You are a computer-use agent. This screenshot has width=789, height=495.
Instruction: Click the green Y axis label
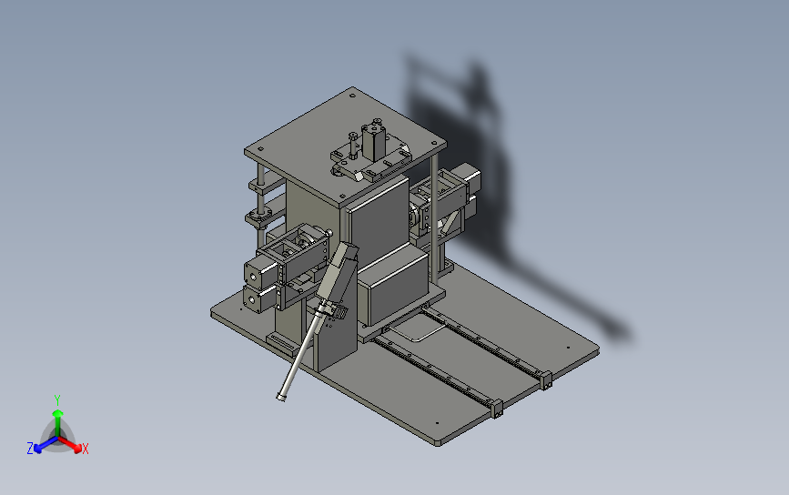pyautogui.click(x=57, y=400)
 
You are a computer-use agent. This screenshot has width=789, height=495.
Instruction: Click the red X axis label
pyautogui.click(x=85, y=449)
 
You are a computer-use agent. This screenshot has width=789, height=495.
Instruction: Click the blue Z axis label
pyautogui.click(x=30, y=449)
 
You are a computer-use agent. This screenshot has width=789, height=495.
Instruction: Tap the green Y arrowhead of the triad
pyautogui.click(x=58, y=413)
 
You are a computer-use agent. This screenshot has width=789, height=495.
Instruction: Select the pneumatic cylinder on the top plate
pyautogui.click(x=374, y=140)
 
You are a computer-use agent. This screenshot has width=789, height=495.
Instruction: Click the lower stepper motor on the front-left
pyautogui.click(x=259, y=298)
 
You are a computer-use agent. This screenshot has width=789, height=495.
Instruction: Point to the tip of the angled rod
pyautogui.click(x=281, y=398)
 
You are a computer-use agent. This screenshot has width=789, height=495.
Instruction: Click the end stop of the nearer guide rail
pyautogui.click(x=497, y=408)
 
